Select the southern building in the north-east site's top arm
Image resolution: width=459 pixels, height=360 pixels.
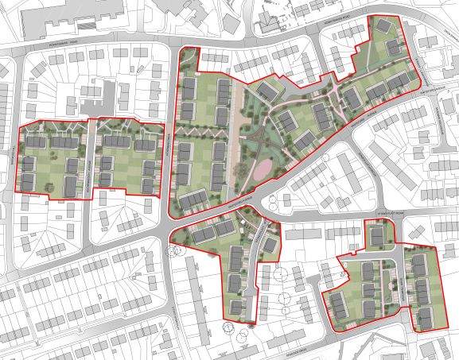pos(393,48)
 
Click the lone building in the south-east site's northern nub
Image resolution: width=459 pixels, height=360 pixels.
pos(376,236)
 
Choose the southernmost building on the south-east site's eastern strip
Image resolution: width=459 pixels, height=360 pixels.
pos(428,316)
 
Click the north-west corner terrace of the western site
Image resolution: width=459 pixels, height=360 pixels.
pos(37,142)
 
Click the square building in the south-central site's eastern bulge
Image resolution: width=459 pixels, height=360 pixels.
pos(271,242)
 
